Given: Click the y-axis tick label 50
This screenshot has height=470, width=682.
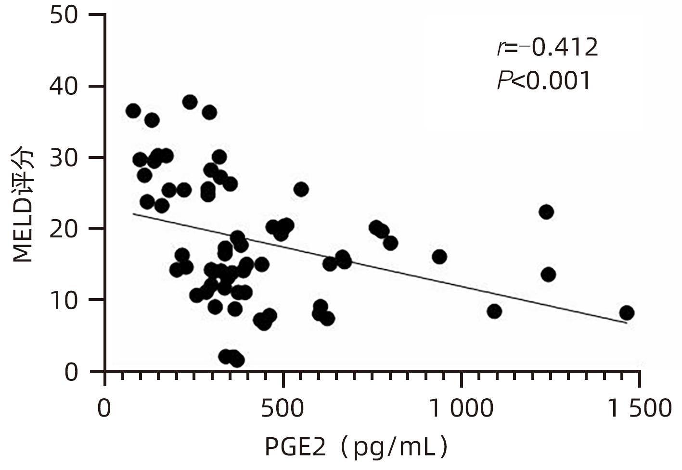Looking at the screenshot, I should (64, 15).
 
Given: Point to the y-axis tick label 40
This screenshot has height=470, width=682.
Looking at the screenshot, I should (64, 87).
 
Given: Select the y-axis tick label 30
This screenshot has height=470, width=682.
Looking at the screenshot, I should (64, 158).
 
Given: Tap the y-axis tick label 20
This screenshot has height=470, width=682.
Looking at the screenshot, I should (64, 229).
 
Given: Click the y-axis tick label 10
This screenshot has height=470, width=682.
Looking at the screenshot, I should (64, 300).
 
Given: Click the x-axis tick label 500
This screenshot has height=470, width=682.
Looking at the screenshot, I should (283, 409).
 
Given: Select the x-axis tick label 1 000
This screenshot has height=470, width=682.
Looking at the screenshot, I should (461, 409).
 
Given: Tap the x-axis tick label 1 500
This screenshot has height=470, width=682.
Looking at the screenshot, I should (639, 409).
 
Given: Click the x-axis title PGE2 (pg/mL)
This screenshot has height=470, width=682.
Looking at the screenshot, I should (357, 447).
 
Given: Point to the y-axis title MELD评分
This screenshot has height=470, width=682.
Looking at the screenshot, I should (23, 206).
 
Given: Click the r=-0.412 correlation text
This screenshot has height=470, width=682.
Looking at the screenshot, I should (547, 47).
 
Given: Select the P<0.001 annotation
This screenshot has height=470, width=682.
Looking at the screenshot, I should (544, 80).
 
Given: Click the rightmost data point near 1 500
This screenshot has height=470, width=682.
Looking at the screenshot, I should (626, 313).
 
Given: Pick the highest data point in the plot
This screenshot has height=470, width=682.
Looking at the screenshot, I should (190, 102).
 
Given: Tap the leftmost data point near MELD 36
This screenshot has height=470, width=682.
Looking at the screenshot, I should (133, 111).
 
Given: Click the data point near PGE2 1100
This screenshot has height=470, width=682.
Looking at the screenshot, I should (494, 312).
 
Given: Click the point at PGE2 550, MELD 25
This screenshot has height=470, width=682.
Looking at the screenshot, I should (301, 189).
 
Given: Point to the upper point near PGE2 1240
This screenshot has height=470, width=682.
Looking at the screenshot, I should (546, 212).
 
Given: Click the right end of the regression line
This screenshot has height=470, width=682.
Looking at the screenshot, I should (627, 323).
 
